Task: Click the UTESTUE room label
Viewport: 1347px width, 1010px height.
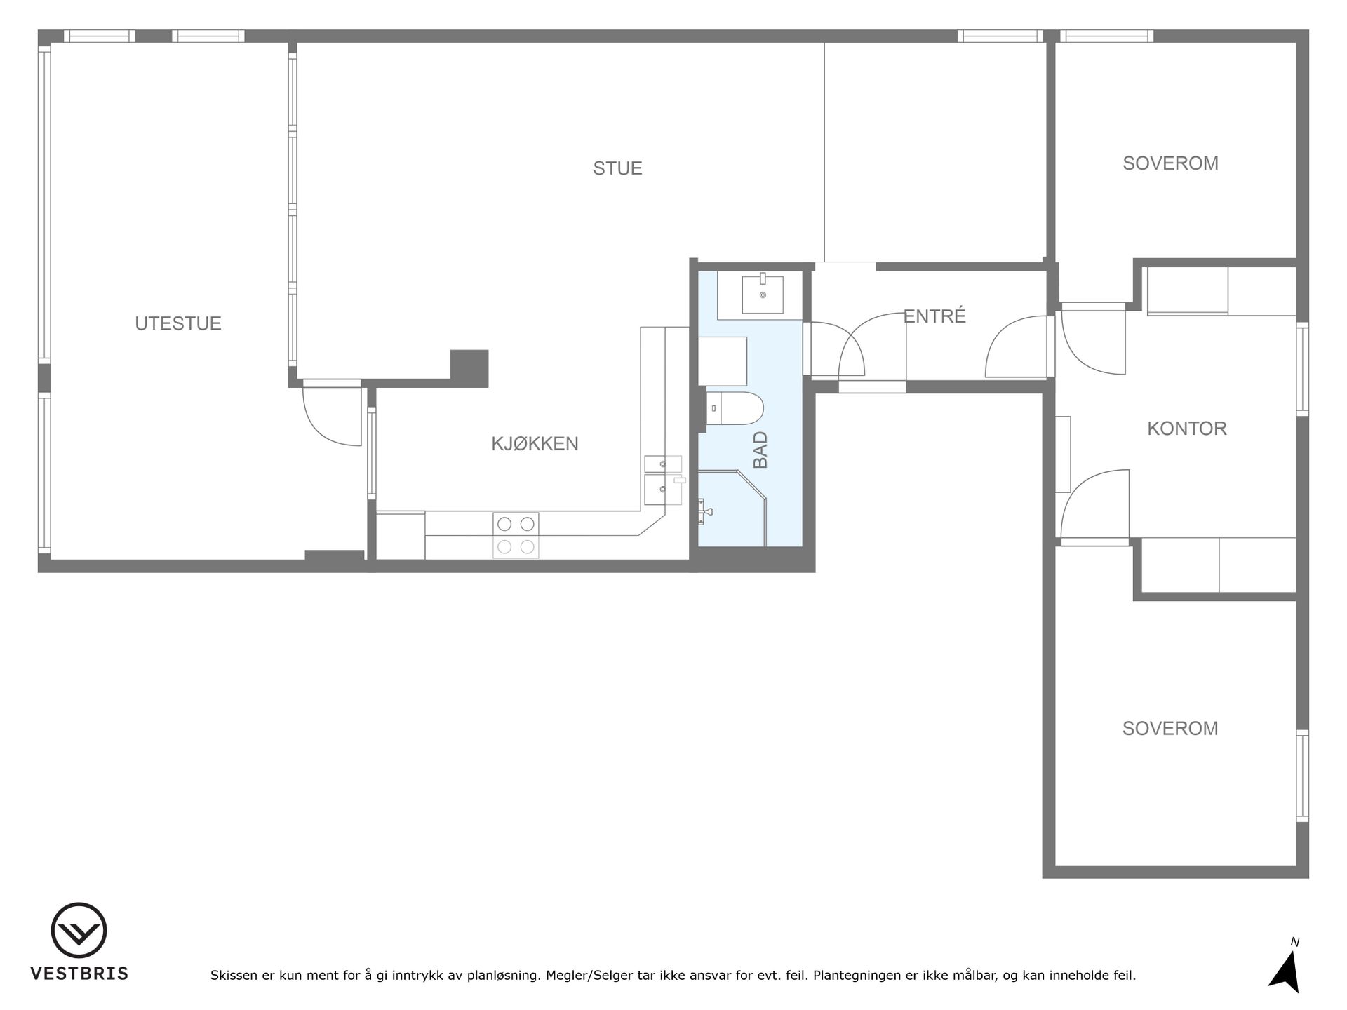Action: click(x=178, y=323)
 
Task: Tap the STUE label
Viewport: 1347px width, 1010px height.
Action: click(x=617, y=168)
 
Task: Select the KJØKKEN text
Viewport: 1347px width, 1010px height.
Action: click(x=535, y=443)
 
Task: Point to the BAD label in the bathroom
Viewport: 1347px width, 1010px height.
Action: click(x=760, y=450)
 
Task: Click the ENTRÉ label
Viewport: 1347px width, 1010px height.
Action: click(x=934, y=316)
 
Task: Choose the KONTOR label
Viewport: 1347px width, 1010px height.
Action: click(x=1187, y=429)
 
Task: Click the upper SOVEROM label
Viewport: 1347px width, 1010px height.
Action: click(x=1170, y=163)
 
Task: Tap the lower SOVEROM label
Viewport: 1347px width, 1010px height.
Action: click(x=1170, y=729)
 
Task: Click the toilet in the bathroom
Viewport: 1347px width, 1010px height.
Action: click(x=734, y=409)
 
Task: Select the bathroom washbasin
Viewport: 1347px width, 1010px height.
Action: click(x=763, y=295)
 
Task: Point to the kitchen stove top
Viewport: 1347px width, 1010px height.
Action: click(x=516, y=535)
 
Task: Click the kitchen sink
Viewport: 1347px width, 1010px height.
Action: click(x=663, y=480)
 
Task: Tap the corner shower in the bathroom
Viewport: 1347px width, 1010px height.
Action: click(x=732, y=508)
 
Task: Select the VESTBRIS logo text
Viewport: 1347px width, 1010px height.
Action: click(x=79, y=974)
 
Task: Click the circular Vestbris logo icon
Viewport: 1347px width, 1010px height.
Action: click(x=79, y=930)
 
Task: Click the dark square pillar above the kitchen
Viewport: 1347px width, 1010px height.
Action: click(x=469, y=368)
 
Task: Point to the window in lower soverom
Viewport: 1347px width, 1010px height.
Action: click(x=1302, y=775)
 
